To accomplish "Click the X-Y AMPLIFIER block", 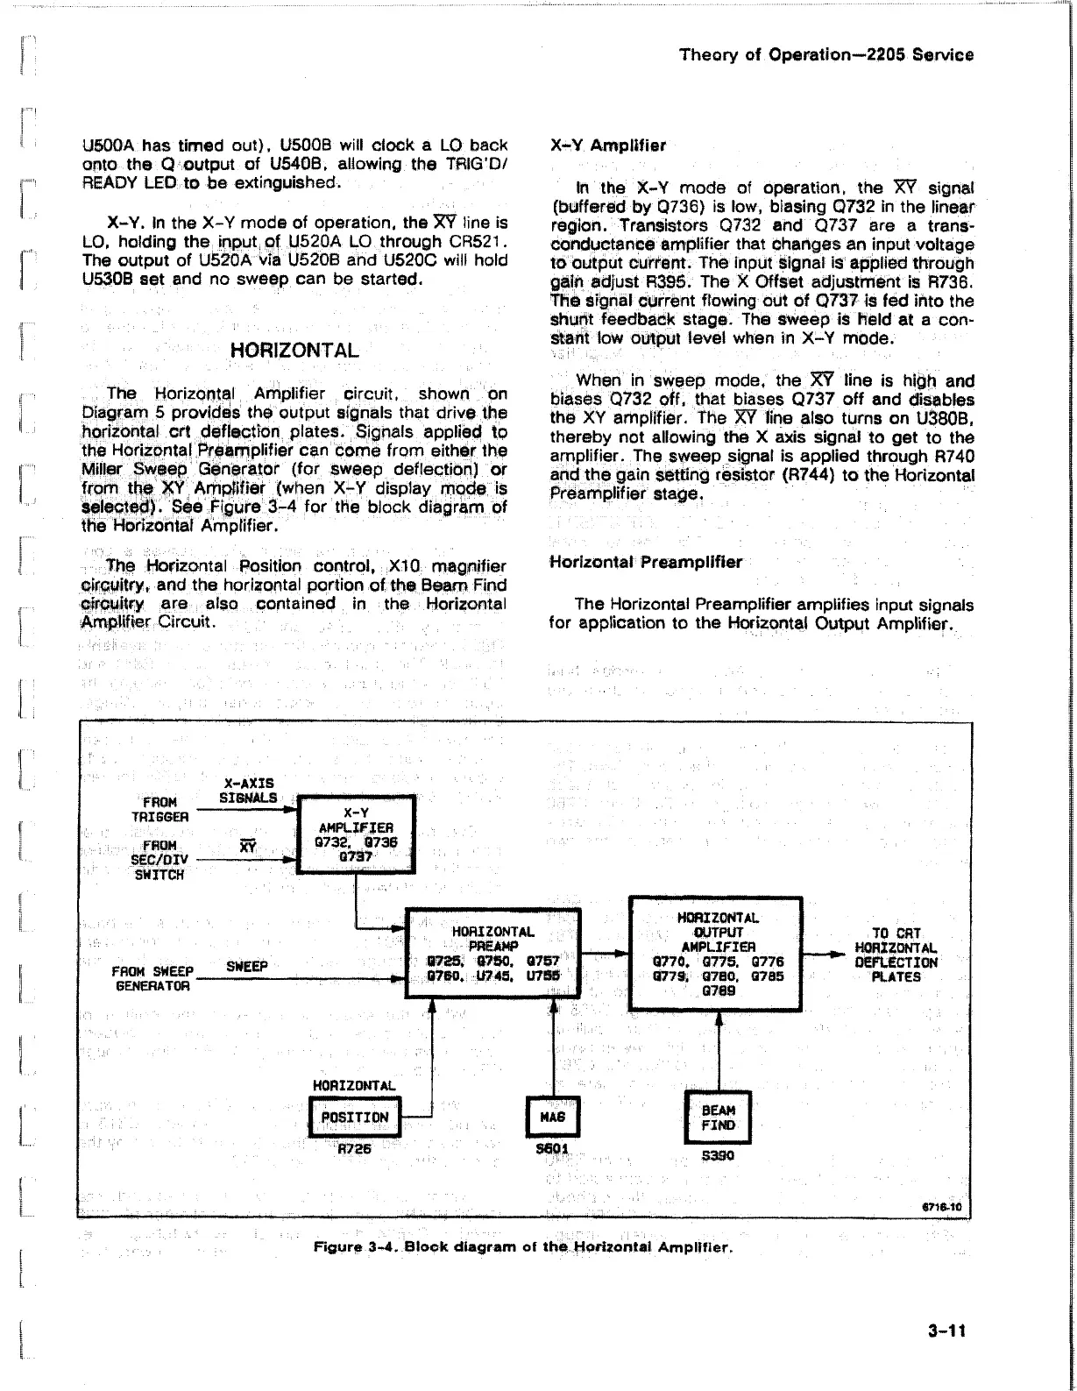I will point(356,834).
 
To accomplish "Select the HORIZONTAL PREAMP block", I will point(492,953).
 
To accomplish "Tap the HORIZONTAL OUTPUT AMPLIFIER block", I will point(716,954).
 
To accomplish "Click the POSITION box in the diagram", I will point(355,1118).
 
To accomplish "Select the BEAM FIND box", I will point(718,1118).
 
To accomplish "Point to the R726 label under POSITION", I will point(355,1149).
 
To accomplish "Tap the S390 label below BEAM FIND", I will point(718,1155).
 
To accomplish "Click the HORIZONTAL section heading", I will point(294,351).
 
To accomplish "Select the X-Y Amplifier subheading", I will point(607,145).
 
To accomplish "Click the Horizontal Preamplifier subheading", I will point(645,562).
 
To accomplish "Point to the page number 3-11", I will point(946,1331).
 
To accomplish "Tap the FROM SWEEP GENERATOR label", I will point(152,978).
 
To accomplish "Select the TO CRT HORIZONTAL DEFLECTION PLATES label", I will point(896,955).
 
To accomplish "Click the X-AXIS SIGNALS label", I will point(248,790).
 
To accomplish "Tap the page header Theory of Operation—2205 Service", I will point(826,54).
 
